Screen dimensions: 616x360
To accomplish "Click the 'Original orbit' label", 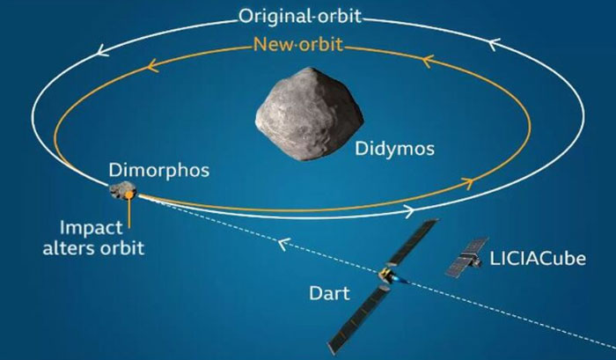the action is pos(300,16).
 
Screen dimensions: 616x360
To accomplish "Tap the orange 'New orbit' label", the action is pos(297,44).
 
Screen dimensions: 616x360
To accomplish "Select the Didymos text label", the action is pos(394,149).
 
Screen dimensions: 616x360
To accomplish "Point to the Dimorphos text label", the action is pos(159,171).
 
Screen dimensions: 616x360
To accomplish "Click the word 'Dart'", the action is pos(329,293).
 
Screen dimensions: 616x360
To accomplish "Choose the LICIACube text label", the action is pos(538,259).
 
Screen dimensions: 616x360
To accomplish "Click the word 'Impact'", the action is pos(92,228).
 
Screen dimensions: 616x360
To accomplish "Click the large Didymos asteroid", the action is pos(309,114).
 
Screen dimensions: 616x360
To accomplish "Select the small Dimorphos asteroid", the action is pos(122,191).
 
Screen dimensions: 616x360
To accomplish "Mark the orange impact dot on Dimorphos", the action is pos(128,195).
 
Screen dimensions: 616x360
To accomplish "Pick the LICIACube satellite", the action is pos(466,257).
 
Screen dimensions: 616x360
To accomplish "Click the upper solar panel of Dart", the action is pos(413,241).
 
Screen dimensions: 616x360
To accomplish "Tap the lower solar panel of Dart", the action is pos(358,320).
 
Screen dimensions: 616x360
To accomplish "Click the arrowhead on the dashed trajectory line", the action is pos(284,244).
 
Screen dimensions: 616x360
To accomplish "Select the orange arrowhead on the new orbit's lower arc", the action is pos(467,183).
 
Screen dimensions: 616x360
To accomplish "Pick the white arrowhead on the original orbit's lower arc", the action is pos(409,211).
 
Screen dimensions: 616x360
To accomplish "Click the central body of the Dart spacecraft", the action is pos(385,274).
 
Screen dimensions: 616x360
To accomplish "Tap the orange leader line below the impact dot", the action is pos(128,213).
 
